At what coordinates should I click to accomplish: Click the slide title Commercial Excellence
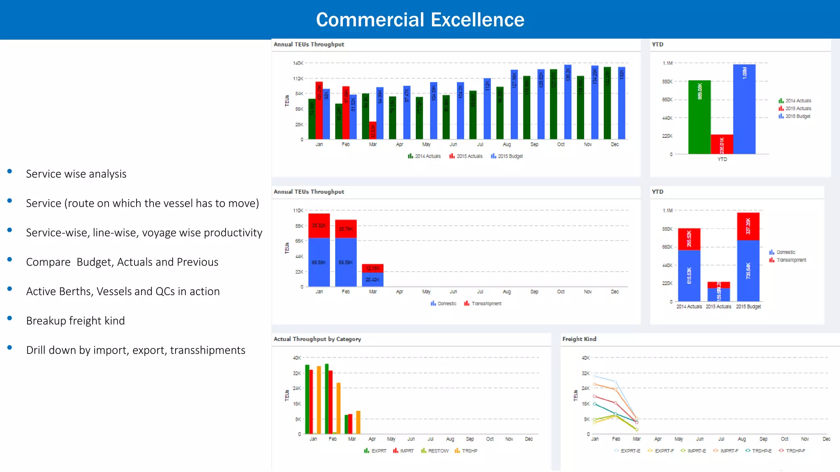coord(420,20)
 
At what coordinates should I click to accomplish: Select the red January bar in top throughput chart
coord(319,111)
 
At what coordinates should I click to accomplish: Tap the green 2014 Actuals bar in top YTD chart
coord(699,117)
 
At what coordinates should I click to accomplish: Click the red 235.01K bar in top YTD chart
coord(722,144)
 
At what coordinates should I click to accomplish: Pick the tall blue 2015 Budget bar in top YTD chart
coord(744,109)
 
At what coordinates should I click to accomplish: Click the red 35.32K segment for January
coord(319,225)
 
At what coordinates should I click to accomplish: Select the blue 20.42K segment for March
coord(372,279)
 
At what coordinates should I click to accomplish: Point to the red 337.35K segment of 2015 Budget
coord(748,226)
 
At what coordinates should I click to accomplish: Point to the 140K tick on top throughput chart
coord(298,63)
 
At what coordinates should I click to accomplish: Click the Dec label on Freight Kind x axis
coord(826,439)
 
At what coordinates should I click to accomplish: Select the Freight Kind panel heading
coord(579,339)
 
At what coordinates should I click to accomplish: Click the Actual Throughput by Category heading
coord(317,339)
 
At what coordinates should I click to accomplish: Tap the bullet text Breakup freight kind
coord(75,321)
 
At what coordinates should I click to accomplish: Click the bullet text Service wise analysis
coord(76,174)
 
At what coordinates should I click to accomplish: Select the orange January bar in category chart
coord(319,400)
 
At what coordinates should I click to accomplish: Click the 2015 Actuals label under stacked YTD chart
coord(718,306)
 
